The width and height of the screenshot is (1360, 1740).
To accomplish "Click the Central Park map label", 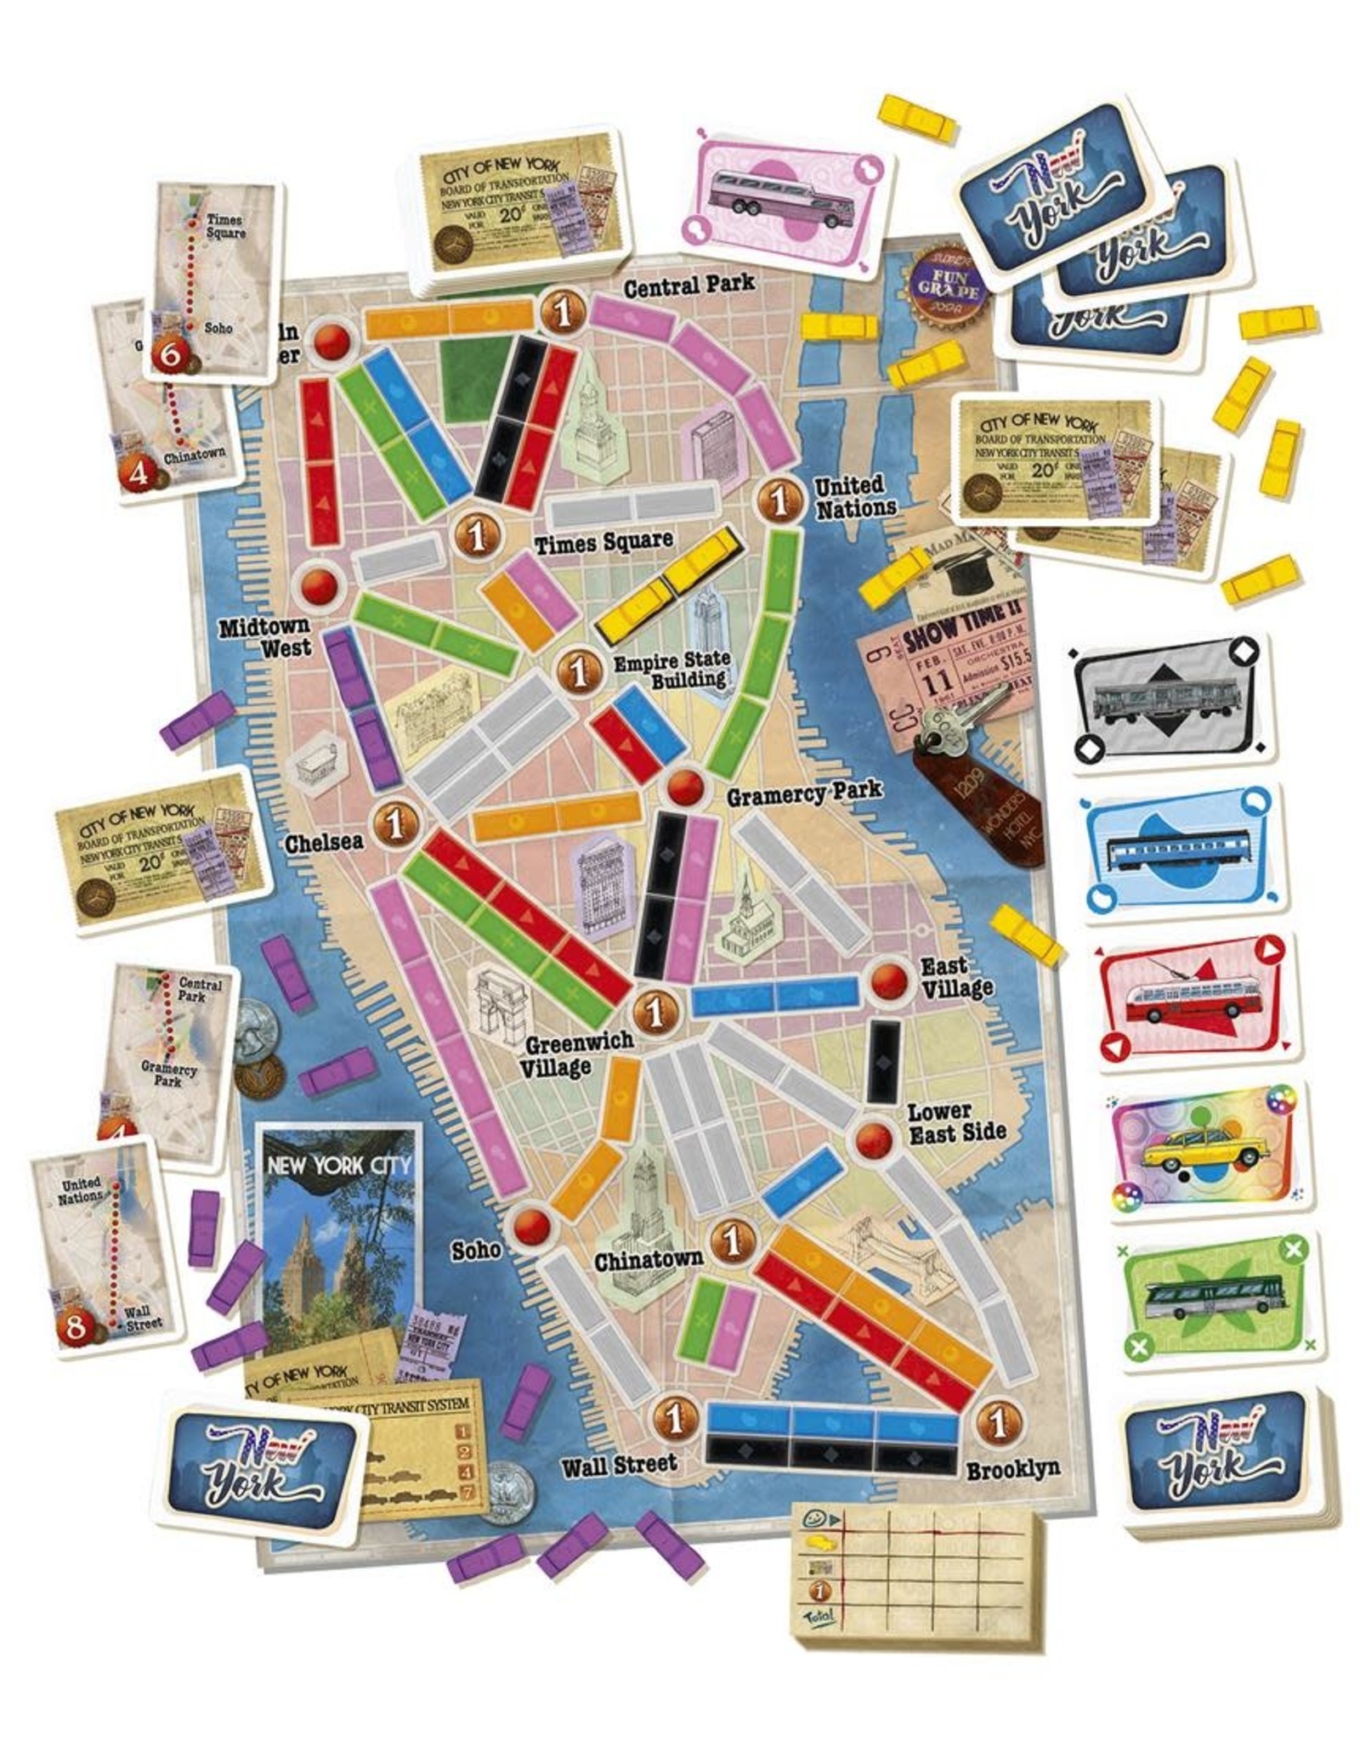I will point(689,285).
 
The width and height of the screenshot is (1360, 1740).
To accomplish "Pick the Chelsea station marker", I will point(394,822).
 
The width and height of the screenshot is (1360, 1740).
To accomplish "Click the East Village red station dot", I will point(887,982).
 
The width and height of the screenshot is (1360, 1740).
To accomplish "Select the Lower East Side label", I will point(956,1122).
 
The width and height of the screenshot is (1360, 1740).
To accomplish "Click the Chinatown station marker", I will point(732,1241).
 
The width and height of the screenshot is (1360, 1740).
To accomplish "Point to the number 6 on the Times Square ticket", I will point(169,355).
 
